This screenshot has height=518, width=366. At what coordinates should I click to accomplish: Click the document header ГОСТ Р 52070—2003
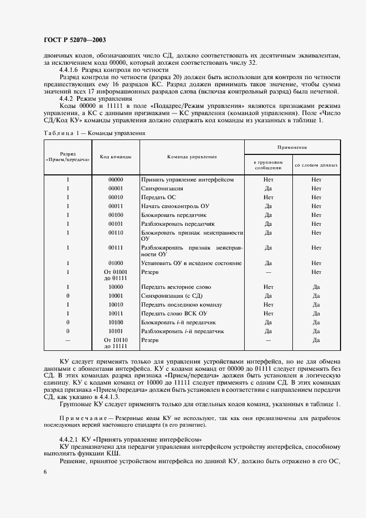[75, 40]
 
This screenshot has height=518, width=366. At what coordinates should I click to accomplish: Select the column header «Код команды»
[115, 157]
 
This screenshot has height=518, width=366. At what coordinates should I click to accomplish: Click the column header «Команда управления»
[192, 157]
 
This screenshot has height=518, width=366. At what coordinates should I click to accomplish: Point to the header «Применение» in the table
[292, 148]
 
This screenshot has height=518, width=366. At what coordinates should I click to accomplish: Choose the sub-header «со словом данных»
[316, 165]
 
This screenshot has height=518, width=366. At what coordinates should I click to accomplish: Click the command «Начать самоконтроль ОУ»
[174, 206]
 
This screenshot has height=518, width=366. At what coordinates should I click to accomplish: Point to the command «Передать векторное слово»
[176, 287]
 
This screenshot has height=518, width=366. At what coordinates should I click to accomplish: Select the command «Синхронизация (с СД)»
[171, 296]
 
